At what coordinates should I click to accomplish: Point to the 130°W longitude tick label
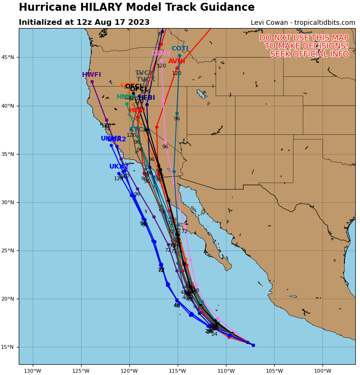point(32,371)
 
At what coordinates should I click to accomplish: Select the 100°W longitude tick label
point(322,371)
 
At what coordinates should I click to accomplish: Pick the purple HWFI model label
point(91,75)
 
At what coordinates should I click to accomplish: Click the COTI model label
point(180,49)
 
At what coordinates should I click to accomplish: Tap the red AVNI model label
point(177,61)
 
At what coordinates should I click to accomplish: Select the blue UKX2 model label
point(119,167)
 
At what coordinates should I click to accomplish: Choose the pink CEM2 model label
point(161,53)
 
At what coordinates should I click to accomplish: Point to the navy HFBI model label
point(146,98)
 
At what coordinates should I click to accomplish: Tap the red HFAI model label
point(137,110)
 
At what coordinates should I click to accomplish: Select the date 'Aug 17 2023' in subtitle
point(126,22)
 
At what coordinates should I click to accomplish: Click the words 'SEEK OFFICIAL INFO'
point(309,54)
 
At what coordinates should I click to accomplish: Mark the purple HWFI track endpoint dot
point(92,82)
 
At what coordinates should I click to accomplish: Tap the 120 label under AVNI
point(177,74)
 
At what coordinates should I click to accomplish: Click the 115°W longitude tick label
point(178,371)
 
